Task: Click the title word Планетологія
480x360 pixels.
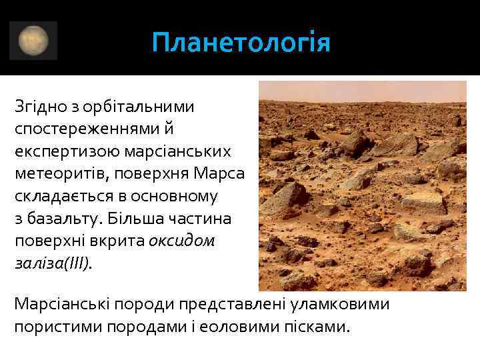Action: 241,44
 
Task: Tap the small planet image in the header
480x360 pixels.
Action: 33,41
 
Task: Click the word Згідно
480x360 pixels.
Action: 39,107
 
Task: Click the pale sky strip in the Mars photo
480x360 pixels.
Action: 362,90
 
